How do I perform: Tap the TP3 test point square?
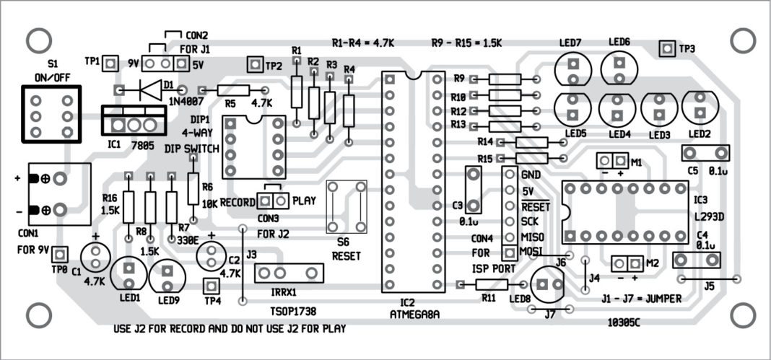click(x=667, y=48)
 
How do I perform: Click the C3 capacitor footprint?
click(x=473, y=190)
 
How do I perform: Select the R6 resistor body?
click(x=193, y=189)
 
